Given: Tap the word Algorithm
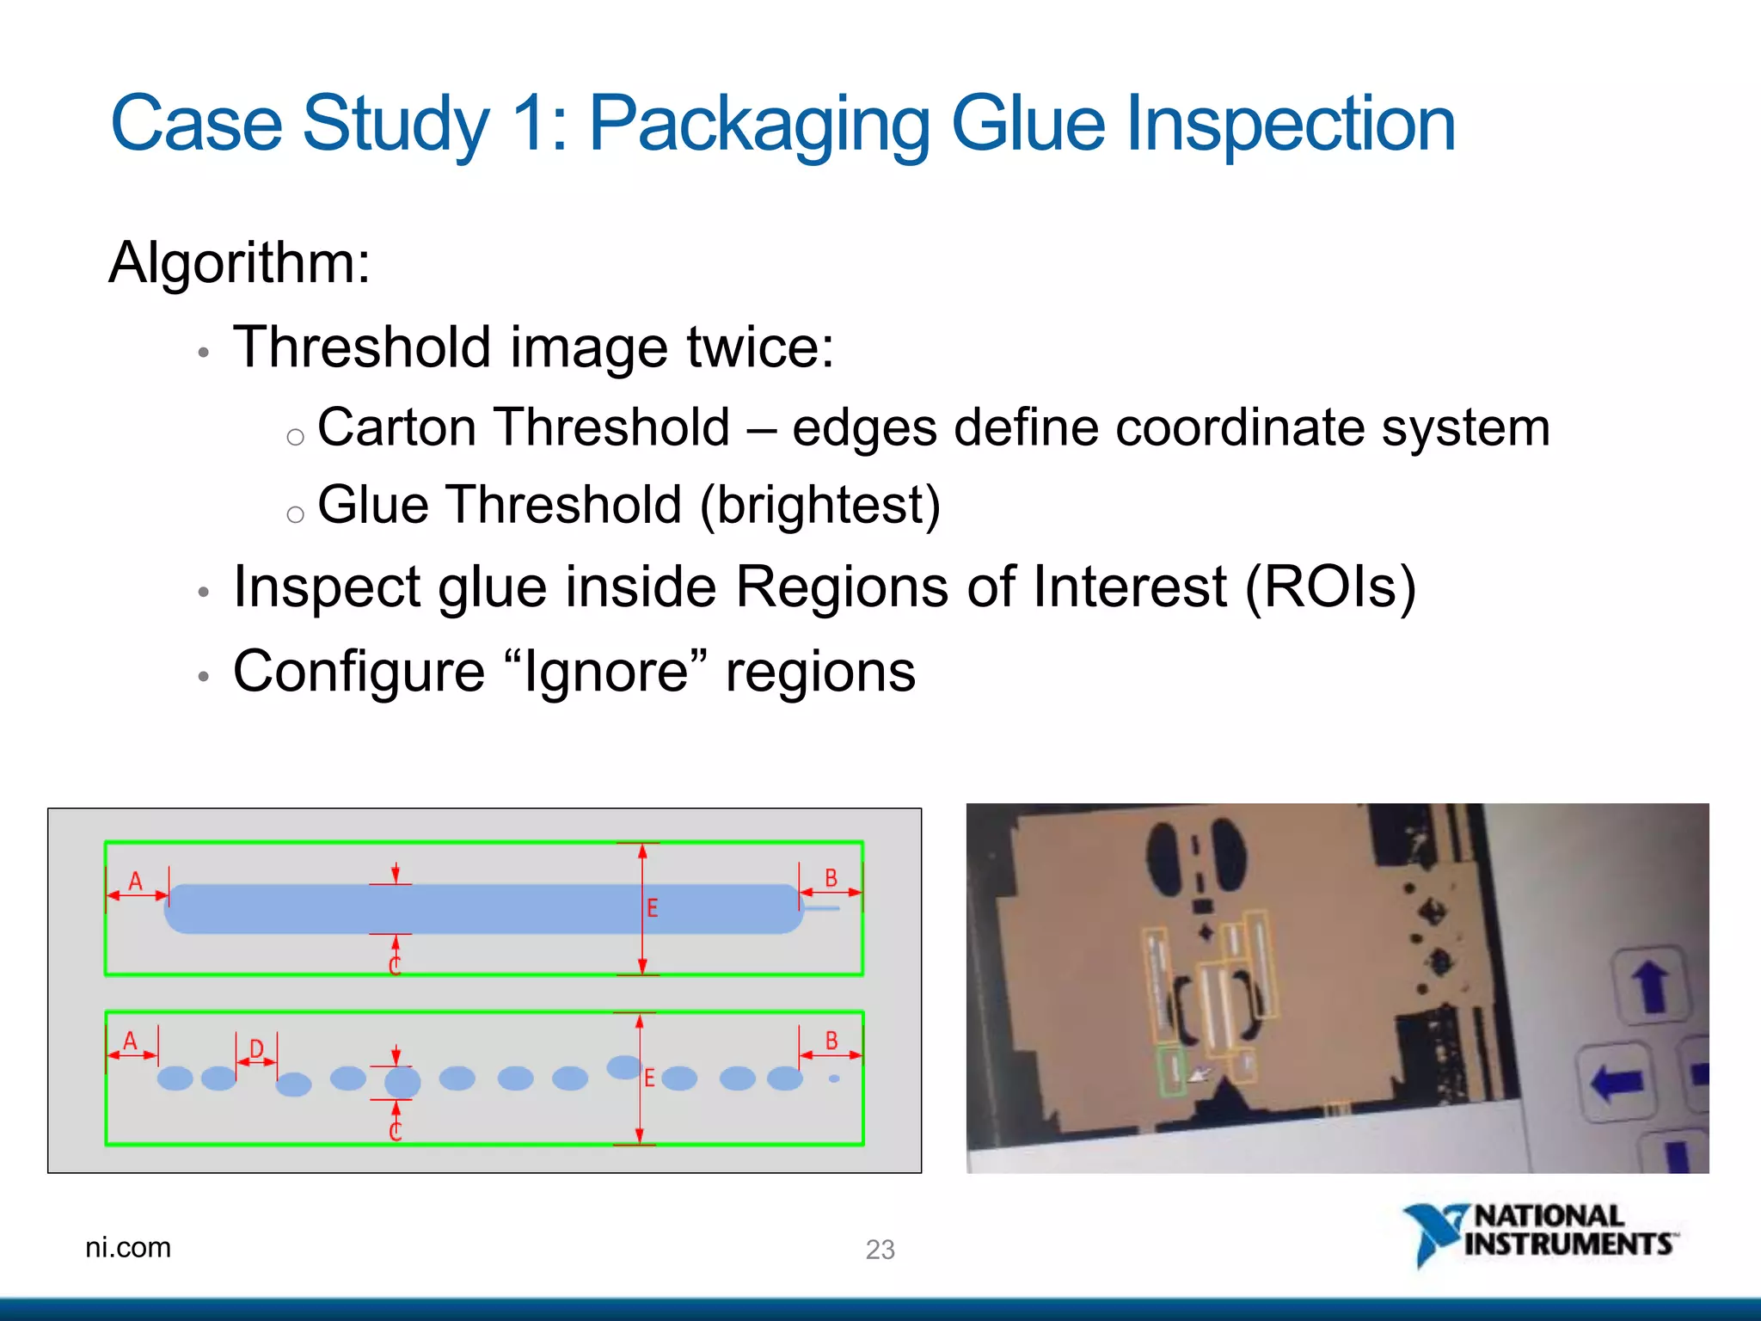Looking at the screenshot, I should coord(239,262).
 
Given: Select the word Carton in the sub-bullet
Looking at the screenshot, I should coord(395,427).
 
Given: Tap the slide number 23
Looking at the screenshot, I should coord(880,1249).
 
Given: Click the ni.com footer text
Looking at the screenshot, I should coord(128,1247).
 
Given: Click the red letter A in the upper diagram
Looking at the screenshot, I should coord(135,881).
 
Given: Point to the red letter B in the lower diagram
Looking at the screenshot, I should coord(831,1041).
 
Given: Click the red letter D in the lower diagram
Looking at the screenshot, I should coord(256,1048).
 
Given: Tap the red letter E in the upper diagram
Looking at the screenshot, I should coord(652,908).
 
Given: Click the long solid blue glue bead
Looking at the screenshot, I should coord(482,909).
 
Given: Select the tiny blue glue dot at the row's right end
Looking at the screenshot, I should coord(833,1078).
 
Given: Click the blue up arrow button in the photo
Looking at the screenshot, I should coord(1652,986).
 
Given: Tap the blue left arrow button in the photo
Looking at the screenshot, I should coord(1617,1080).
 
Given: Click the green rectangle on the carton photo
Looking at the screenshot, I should coord(1171,1071).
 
